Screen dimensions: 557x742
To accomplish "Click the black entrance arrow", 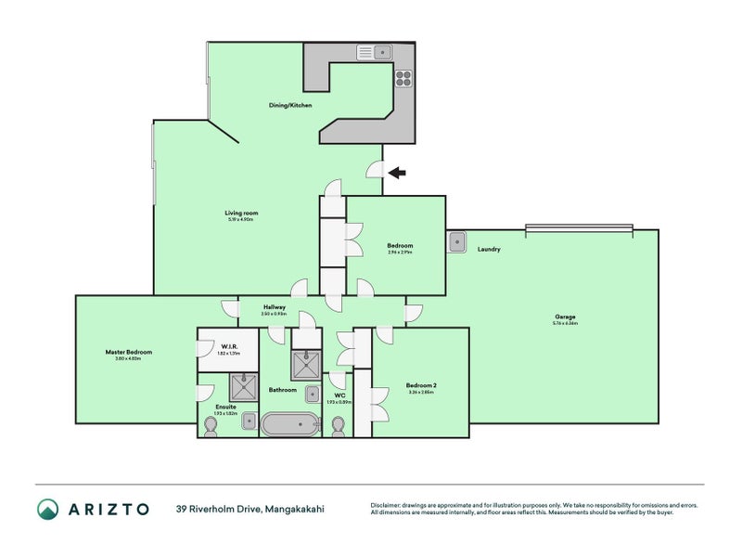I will [x=397, y=172].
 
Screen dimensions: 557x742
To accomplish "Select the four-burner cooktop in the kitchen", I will [x=403, y=78].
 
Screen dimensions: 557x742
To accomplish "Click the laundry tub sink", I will [x=457, y=242].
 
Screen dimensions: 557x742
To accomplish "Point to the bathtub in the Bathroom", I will [x=288, y=424].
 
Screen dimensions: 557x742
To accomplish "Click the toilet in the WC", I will [x=339, y=425].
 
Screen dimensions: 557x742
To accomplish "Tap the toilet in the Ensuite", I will [x=210, y=425].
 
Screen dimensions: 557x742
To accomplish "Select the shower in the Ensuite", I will [x=243, y=386].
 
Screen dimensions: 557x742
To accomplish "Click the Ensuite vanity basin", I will [x=248, y=421].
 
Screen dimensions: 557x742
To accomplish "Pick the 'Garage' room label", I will [x=565, y=317].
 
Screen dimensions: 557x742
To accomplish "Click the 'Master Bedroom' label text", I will [x=128, y=352].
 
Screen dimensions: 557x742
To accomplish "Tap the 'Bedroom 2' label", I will [x=420, y=385].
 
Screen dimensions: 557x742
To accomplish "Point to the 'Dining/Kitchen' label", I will [x=290, y=106].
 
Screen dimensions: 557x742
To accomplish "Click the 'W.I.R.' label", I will [x=231, y=346].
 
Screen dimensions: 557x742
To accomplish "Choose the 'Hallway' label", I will [x=274, y=306].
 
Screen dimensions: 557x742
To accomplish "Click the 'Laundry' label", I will [x=489, y=249].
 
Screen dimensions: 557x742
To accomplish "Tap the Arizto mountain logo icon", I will [x=47, y=508].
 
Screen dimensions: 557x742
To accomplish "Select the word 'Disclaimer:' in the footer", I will [x=390, y=505].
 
